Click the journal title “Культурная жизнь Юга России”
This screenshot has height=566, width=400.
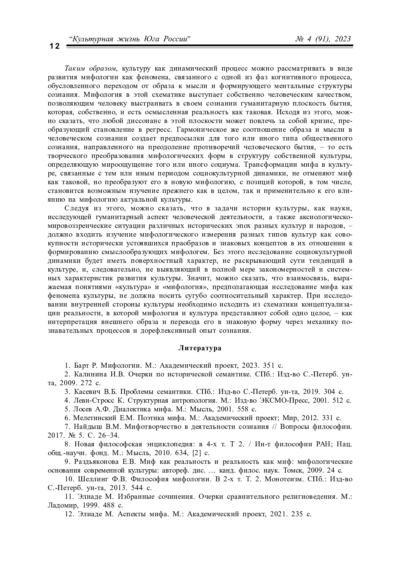point(129,39)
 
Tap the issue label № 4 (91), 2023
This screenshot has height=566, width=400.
point(323,39)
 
